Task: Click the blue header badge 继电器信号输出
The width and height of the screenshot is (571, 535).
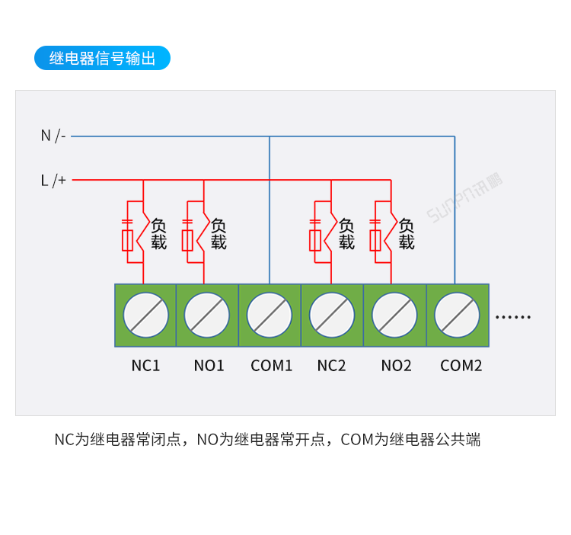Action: click(x=102, y=58)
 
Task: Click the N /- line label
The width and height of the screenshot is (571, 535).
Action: click(x=53, y=136)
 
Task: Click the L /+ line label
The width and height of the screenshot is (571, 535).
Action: click(x=53, y=180)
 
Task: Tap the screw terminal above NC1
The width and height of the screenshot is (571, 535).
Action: click(x=145, y=315)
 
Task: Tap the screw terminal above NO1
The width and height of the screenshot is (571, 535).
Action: click(x=207, y=315)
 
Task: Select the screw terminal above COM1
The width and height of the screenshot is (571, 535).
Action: click(x=270, y=315)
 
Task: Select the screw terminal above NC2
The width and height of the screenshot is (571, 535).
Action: click(x=332, y=315)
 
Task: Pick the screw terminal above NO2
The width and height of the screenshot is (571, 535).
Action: click(x=394, y=315)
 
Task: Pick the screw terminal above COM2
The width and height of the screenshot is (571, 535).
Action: click(x=457, y=315)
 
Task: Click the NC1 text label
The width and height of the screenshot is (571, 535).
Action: click(x=145, y=366)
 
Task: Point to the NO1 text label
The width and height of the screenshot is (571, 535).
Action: click(x=209, y=366)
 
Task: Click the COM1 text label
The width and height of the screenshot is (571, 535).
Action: click(x=271, y=366)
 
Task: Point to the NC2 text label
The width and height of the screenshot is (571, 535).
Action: click(x=331, y=366)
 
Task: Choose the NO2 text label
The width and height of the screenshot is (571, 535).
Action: click(x=396, y=366)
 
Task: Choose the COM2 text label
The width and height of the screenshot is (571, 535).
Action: click(x=461, y=366)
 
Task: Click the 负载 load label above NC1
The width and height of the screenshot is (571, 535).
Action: click(x=158, y=234)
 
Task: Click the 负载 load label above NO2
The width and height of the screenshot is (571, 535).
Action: click(x=407, y=234)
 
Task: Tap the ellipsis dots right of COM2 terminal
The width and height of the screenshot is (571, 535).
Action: click(x=513, y=317)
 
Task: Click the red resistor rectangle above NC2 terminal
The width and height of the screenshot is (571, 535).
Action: click(x=315, y=241)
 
